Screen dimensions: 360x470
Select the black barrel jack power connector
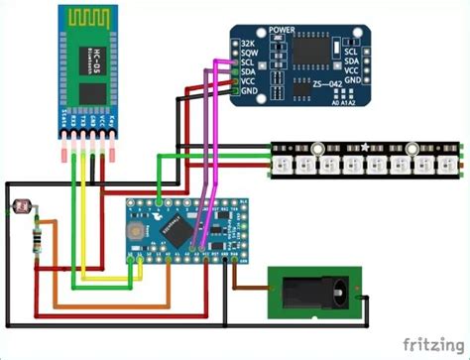pyautogui.click(x=316, y=292)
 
